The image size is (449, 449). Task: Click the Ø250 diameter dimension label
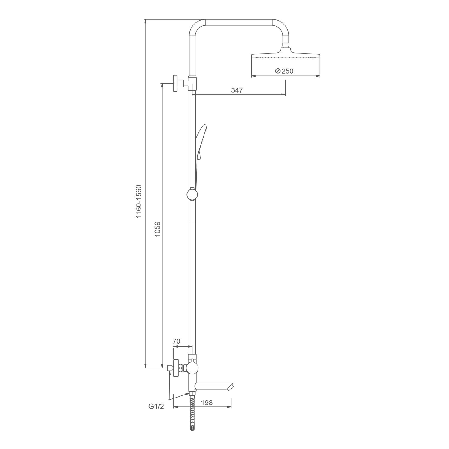pyautogui.click(x=284, y=71)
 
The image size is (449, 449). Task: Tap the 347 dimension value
pyautogui.click(x=237, y=90)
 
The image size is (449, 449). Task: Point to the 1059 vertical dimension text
pyautogui.click(x=157, y=229)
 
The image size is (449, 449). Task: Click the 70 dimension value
pyautogui.click(x=176, y=341)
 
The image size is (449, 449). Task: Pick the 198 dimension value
pyautogui.click(x=207, y=403)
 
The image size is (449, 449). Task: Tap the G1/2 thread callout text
pyautogui.click(x=156, y=406)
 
